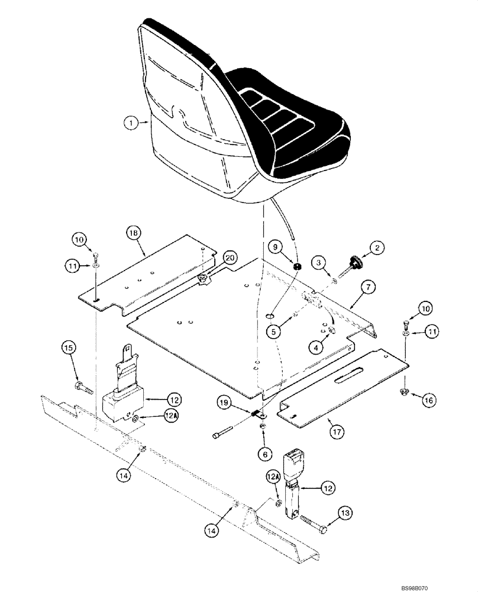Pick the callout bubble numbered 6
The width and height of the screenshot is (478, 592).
click(264, 454)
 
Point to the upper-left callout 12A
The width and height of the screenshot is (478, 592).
click(170, 417)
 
